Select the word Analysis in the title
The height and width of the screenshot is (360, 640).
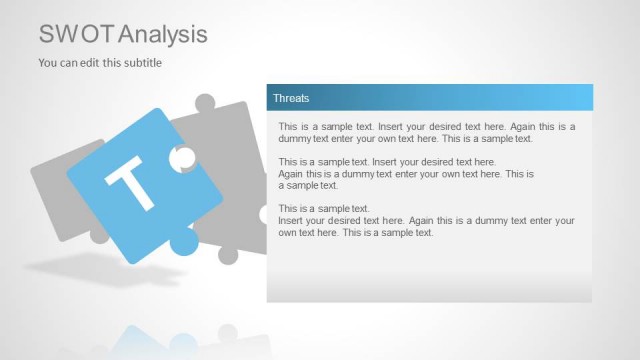click(163, 34)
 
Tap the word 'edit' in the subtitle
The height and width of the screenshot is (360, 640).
click(96, 63)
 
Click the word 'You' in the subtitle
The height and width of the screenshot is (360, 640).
click(48, 63)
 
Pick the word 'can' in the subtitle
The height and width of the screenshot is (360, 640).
click(72, 63)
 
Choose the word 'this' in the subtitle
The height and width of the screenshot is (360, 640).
click(118, 63)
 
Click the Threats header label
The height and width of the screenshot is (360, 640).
click(291, 98)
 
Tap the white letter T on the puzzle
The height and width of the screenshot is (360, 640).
click(130, 181)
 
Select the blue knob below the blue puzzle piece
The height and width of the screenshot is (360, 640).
click(184, 240)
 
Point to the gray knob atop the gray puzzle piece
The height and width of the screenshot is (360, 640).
click(205, 103)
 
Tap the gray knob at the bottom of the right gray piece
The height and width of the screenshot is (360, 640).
click(228, 254)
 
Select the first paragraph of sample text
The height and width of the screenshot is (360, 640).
click(427, 133)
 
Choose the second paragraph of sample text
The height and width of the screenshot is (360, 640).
click(405, 173)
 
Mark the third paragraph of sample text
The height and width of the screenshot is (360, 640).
click(427, 220)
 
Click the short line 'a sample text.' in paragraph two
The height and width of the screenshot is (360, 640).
click(309, 185)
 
